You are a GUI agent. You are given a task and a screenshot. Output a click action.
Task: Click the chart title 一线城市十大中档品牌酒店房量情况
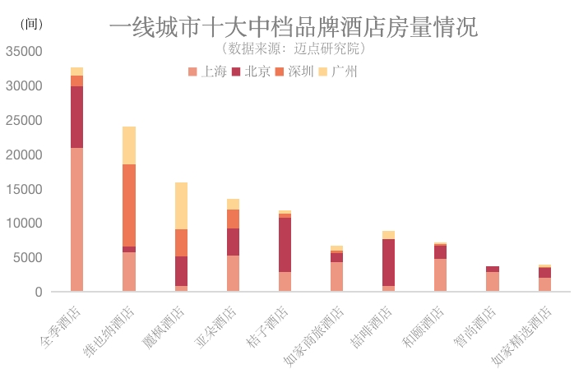[293, 28]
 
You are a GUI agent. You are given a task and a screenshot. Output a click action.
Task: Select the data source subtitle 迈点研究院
[294, 48]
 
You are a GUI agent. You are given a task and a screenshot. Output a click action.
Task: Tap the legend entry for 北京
[252, 71]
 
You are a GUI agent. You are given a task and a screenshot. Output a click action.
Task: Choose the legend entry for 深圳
[294, 71]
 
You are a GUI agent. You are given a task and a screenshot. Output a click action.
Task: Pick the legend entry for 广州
[337, 71]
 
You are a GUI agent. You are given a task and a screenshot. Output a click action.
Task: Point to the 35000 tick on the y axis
[24, 51]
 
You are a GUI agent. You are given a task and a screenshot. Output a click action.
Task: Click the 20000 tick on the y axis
[24, 154]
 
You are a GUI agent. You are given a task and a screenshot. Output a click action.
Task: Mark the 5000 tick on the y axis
[27, 258]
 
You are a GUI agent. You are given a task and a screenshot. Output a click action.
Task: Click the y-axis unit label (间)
[30, 25]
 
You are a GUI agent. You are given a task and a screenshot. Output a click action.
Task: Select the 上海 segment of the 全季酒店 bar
[76, 219]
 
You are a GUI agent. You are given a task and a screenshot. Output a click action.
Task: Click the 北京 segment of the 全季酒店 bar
[76, 117]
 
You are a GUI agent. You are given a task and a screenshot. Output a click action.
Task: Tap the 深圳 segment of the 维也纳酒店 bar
[129, 205]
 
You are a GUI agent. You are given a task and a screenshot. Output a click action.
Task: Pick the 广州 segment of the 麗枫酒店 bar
[181, 205]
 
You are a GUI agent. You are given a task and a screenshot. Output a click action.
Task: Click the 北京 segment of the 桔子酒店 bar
[285, 245]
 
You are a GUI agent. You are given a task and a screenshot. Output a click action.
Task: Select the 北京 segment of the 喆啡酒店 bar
[388, 262]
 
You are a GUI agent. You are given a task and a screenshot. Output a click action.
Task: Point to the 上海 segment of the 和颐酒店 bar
[441, 274]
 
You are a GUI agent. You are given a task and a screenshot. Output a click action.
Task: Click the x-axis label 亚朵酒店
[220, 326]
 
